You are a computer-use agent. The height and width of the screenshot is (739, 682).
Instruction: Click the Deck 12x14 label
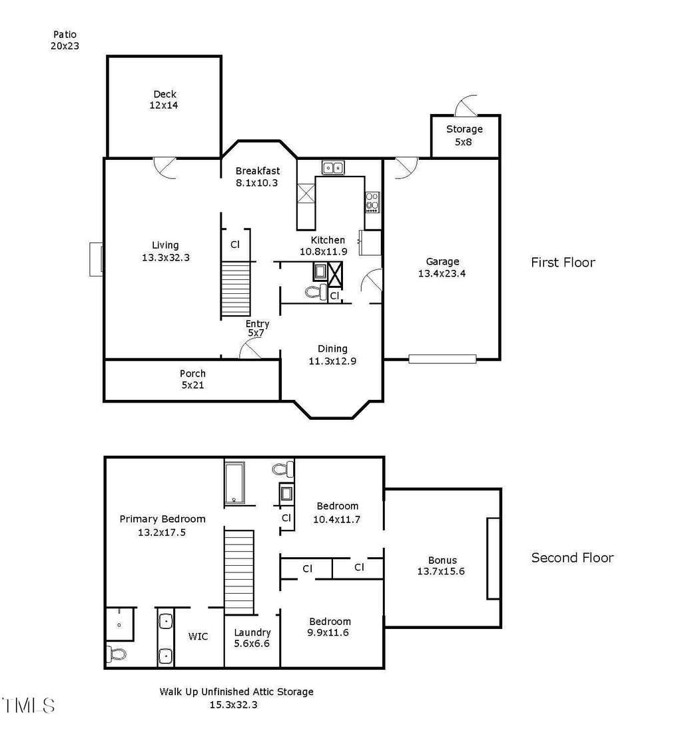(x=164, y=99)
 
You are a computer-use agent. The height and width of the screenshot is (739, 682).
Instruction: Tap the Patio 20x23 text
(x=65, y=40)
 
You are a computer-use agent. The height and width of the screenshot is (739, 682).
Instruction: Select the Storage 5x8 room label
(x=464, y=135)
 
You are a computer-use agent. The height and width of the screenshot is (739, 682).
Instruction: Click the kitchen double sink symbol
(x=333, y=167)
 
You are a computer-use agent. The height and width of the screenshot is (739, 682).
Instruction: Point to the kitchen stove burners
(x=372, y=202)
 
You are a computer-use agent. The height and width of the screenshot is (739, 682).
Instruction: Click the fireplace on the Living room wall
(x=97, y=259)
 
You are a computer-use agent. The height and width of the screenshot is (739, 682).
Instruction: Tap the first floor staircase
(x=236, y=289)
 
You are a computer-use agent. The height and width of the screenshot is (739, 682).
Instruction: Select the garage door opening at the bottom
(x=442, y=359)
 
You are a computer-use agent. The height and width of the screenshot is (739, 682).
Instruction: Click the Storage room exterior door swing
(x=466, y=105)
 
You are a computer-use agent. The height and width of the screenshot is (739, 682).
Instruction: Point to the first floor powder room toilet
(x=316, y=293)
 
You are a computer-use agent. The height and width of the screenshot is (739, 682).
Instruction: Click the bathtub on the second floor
(x=234, y=483)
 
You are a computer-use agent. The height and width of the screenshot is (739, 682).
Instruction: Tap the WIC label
(x=198, y=636)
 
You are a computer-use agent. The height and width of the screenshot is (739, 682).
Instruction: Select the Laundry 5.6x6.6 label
(x=252, y=638)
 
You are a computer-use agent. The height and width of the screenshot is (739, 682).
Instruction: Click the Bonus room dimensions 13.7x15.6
(x=441, y=571)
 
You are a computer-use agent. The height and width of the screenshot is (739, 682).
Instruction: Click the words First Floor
(x=563, y=262)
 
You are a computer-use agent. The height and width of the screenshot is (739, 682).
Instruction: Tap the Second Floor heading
(x=572, y=558)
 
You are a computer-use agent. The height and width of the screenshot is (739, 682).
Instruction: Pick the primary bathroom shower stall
(x=120, y=624)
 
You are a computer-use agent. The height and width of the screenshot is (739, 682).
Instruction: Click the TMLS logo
(x=28, y=705)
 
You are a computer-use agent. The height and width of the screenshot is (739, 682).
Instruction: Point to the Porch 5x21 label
(x=192, y=379)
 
